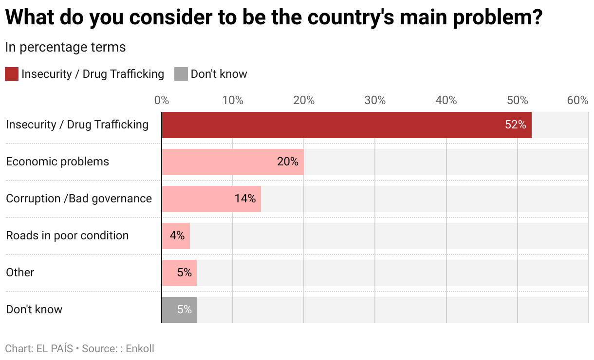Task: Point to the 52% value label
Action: point(515,125)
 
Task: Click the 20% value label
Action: point(287,162)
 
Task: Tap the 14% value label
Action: point(245,199)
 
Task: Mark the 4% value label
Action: point(177,236)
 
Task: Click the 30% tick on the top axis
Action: point(375,101)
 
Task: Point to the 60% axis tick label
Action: point(577,101)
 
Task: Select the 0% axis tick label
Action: point(162,101)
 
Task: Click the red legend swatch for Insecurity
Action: point(12,74)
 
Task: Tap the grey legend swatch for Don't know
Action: point(181,74)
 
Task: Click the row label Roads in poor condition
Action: point(67,235)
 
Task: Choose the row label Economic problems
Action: point(57,162)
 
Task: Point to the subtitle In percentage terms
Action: point(65,47)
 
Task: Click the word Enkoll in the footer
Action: point(140,349)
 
